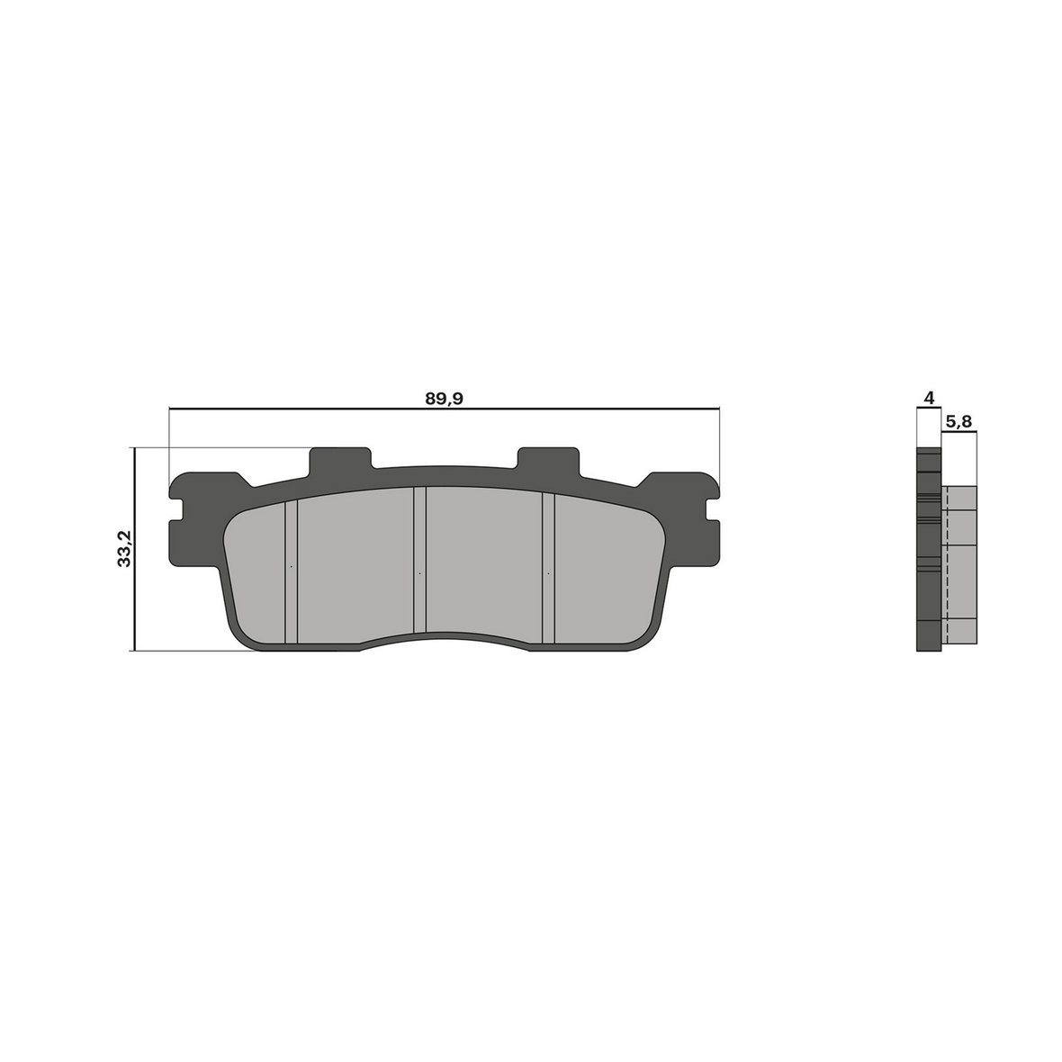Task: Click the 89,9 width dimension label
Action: point(444,399)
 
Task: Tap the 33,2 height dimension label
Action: point(124,549)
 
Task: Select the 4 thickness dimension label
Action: point(929,398)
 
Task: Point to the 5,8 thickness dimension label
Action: point(958,421)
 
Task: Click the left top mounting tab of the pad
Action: point(341,461)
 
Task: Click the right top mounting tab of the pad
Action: point(549,461)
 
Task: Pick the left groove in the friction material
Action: point(292,571)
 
